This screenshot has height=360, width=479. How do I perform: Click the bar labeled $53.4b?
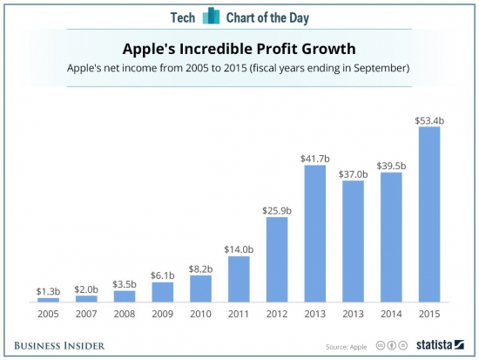(x=428, y=214)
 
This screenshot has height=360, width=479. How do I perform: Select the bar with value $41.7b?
(x=314, y=233)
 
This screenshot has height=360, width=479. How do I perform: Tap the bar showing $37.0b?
(x=353, y=241)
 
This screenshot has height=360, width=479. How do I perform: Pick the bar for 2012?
(x=276, y=259)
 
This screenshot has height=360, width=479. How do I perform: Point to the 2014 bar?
(x=391, y=236)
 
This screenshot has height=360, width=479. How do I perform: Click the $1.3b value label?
(x=49, y=290)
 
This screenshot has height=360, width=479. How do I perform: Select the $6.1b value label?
(x=163, y=275)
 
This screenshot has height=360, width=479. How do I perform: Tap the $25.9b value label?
(x=276, y=209)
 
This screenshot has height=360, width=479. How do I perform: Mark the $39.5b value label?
(x=391, y=164)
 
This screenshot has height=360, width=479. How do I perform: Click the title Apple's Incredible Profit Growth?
(x=239, y=49)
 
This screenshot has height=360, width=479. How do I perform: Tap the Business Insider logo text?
(x=58, y=345)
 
